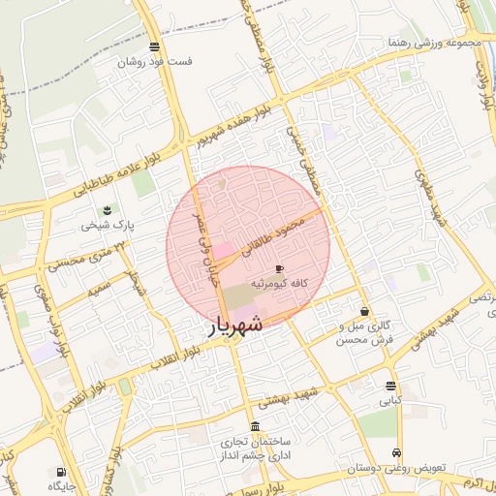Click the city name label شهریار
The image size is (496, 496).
pos(234,326)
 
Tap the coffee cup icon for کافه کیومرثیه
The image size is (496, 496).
pos(280,268)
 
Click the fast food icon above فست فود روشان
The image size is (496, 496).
pos(155,46)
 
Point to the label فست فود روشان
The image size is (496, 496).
pos(155,61)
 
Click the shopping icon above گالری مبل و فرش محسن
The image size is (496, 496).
pos(363,312)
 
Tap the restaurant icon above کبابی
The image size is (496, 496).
pos(390,385)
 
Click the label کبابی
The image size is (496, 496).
pos(389,399)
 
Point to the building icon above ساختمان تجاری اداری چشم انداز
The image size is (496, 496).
pos(254,426)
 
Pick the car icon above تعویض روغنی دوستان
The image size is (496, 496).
pos(396,453)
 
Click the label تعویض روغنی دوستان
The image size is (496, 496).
pos(397,468)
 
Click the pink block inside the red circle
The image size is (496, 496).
pos(224,250)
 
